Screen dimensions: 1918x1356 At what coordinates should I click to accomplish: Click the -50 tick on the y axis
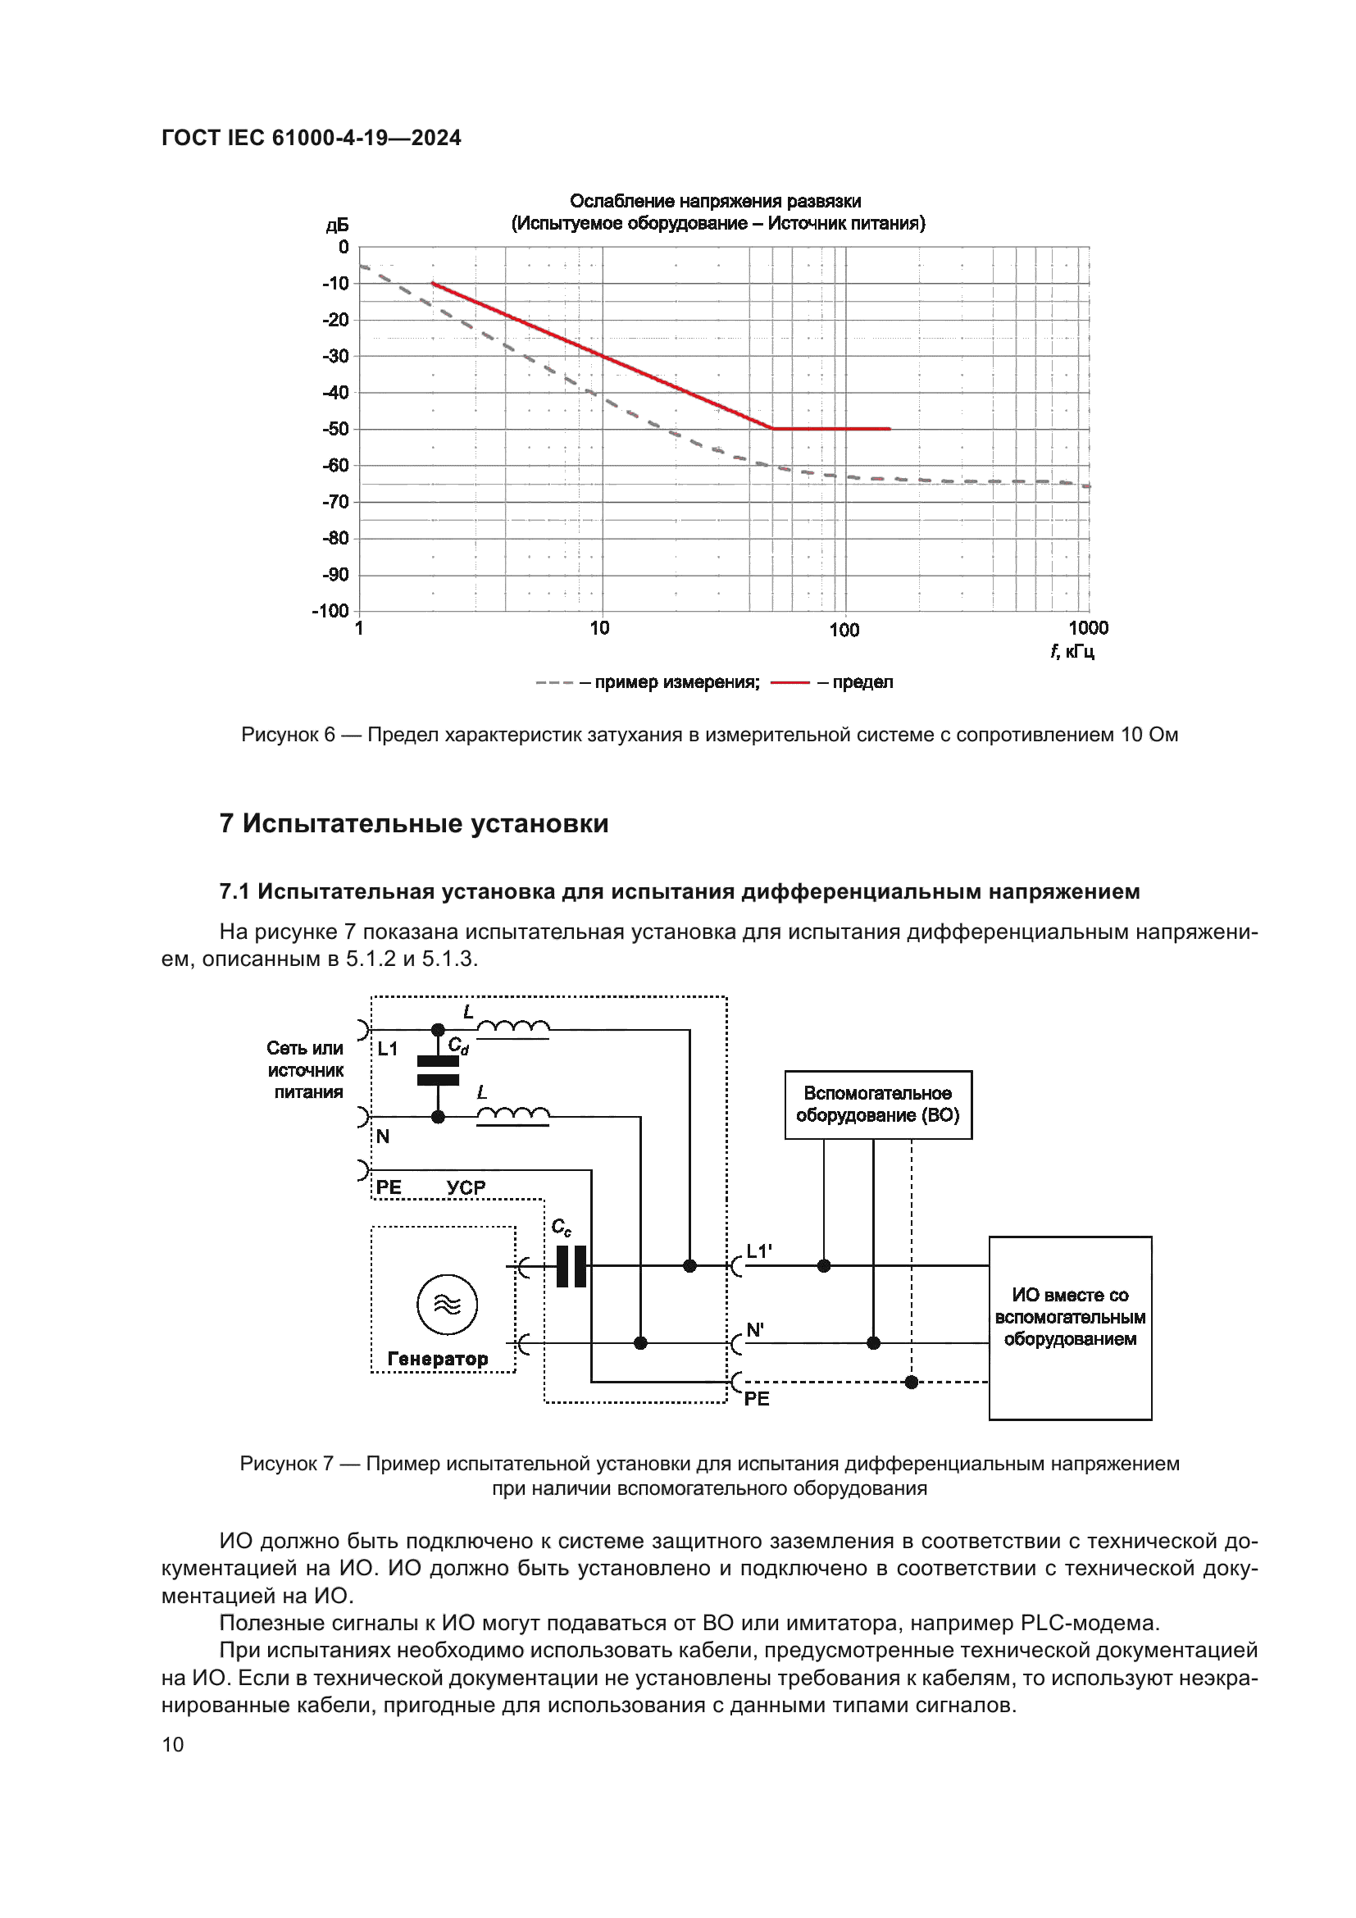(336, 430)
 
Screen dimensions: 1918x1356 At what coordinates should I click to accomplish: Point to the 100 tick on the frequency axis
(844, 630)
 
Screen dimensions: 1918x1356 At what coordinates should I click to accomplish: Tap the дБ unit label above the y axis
(337, 226)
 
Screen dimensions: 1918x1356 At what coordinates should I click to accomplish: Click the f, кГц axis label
(1072, 652)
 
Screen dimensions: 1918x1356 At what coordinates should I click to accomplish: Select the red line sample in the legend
(789, 682)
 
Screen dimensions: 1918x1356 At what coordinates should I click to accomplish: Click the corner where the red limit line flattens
(772, 429)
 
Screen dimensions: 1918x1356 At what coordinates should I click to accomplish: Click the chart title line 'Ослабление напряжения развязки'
(715, 202)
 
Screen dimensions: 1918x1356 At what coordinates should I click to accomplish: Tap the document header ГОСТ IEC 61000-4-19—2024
(311, 138)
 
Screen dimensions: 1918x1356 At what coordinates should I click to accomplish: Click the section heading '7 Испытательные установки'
(413, 823)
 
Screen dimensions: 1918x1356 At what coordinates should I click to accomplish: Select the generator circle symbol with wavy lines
(448, 1304)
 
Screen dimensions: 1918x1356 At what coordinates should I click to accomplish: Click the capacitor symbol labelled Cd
(438, 1071)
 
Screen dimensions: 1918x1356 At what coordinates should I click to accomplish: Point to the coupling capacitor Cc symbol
(571, 1265)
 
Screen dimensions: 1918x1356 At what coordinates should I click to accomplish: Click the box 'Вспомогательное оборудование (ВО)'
(877, 1105)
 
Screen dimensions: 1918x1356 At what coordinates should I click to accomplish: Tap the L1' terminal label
(759, 1251)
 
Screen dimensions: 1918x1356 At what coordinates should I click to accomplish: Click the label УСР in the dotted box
(466, 1187)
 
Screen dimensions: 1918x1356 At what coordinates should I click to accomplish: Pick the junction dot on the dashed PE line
(912, 1382)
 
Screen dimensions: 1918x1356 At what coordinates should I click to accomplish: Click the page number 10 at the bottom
(173, 1744)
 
